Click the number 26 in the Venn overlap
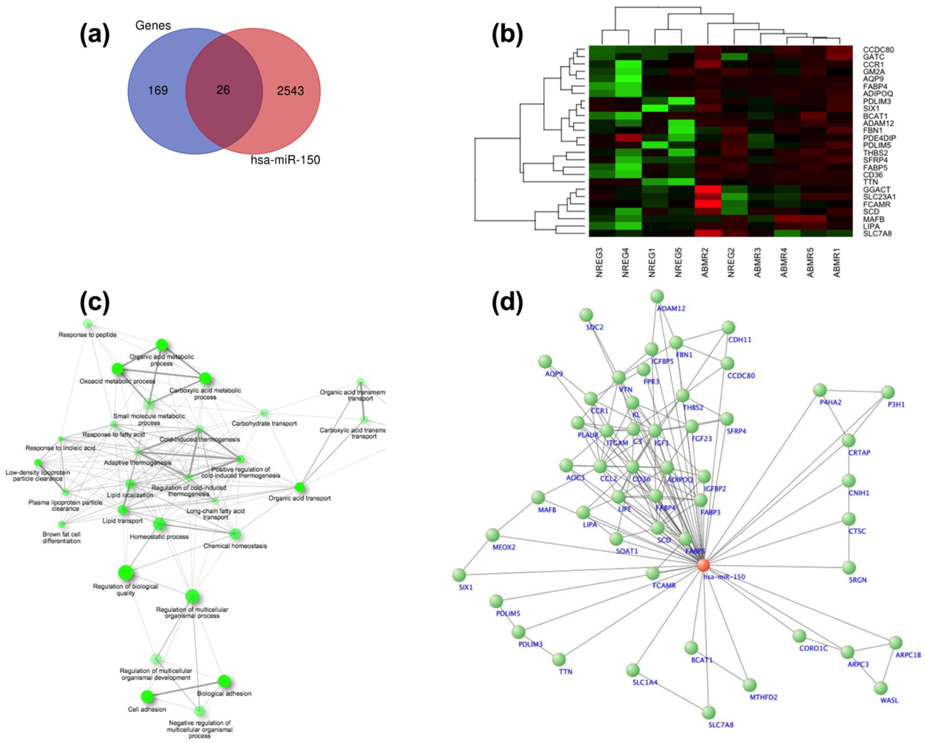223,90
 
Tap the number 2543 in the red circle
290,91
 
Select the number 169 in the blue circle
158,91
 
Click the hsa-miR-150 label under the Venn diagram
285,161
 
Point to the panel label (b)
507,34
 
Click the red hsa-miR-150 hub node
703,565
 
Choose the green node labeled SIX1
459,575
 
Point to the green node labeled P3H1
888,392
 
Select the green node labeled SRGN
849,567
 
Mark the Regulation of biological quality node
125,573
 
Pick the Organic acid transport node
300,487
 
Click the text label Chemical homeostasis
235,546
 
